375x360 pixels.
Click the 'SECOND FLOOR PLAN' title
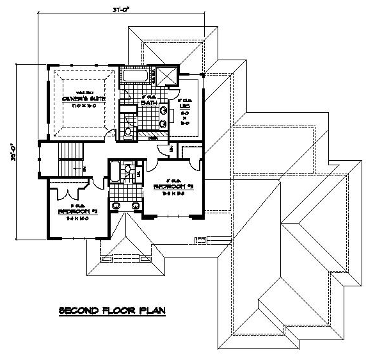tap(112, 310)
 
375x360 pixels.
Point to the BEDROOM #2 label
tap(76, 211)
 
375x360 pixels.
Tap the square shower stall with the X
tap(167, 76)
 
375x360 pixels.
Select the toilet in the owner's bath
tap(128, 133)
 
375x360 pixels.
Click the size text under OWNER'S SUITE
tap(79, 104)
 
